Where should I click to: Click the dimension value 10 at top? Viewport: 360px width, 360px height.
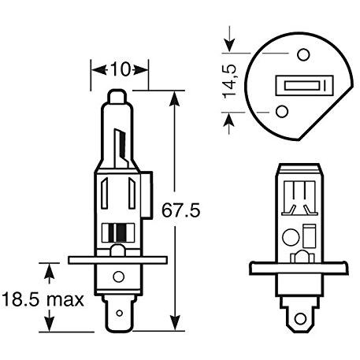coord(121,69)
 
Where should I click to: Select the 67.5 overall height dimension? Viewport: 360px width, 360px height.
coord(180,210)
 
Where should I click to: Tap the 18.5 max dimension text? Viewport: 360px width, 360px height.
coord(43,299)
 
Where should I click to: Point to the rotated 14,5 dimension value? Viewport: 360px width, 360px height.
coord(229,81)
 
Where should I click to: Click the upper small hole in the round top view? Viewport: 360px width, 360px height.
coord(303,54)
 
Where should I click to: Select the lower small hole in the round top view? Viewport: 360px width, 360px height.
coord(282,111)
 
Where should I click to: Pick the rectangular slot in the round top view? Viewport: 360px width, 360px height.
coord(304,85)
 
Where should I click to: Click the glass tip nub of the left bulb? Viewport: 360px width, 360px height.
coord(117,96)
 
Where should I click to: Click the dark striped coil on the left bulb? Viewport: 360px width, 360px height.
coord(118,232)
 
